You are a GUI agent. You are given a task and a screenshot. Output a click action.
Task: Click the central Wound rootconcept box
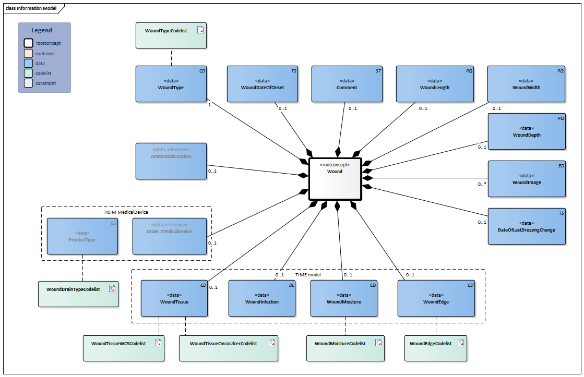335,179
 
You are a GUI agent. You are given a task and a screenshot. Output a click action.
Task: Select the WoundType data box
171,84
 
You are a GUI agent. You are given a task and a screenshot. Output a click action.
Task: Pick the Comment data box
347,84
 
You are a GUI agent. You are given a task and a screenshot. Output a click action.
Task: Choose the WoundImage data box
527,179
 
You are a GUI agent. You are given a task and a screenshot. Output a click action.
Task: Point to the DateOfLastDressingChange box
527,226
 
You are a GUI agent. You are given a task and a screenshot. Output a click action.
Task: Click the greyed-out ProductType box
82,236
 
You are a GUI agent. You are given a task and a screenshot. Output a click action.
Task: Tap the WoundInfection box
262,298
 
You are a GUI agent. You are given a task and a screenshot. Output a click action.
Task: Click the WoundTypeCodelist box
171,35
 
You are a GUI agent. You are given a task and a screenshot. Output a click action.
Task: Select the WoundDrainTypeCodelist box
78,294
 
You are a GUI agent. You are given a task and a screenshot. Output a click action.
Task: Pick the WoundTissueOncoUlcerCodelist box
228,348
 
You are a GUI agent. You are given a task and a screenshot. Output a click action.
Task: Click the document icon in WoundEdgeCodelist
461,343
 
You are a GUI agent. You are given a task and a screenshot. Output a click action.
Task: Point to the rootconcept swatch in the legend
29,43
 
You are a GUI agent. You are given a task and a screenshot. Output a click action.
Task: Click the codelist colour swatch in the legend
29,73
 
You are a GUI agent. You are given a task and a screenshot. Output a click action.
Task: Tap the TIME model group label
308,274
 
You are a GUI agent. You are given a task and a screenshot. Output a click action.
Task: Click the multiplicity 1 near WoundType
209,105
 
